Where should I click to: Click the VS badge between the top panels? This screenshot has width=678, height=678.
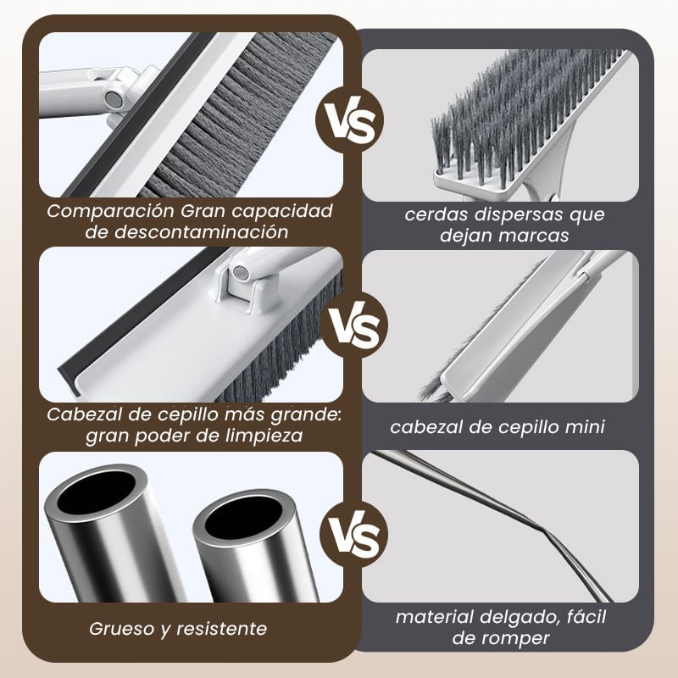(349, 119)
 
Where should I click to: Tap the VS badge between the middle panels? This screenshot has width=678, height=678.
(354, 325)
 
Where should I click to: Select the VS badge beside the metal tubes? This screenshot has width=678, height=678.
(353, 535)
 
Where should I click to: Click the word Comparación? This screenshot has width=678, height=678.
(110, 211)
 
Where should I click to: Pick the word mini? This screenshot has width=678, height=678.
(585, 427)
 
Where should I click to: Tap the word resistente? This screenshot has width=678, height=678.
(222, 629)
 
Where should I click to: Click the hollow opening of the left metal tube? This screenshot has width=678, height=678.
(96, 492)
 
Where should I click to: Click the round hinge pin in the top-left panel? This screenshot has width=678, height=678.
(112, 99)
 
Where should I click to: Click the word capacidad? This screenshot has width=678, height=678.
(282, 211)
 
